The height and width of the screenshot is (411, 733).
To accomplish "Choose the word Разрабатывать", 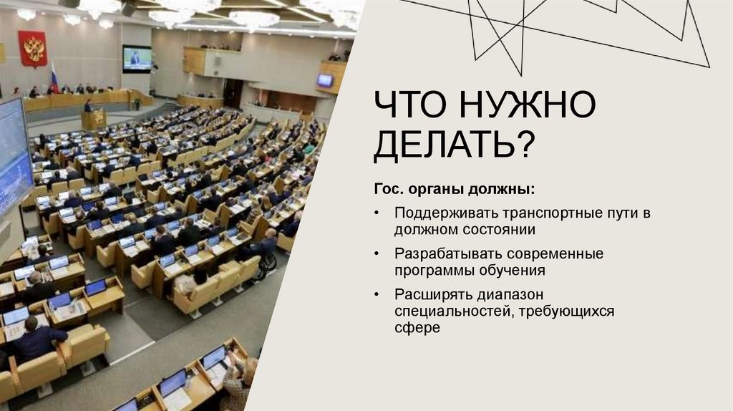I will pyautogui.click(x=439, y=254).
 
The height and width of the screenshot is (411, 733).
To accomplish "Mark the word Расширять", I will pyautogui.click(x=425, y=295).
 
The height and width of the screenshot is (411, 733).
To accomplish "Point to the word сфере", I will pyautogui.click(x=416, y=328).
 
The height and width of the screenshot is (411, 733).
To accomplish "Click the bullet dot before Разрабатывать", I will pyautogui.click(x=378, y=255).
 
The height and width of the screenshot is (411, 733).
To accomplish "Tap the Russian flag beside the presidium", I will pyautogui.click(x=54, y=77).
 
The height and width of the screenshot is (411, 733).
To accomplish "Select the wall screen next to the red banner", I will pyautogui.click(x=136, y=59).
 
